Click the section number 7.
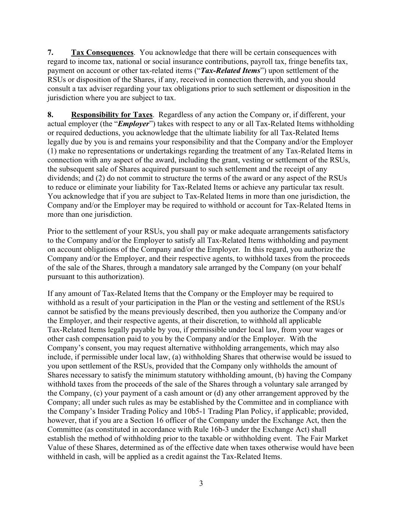(x=50, y=53)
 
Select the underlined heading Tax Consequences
(x=102, y=53)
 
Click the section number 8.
(x=50, y=115)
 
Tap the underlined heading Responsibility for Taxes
(x=112, y=115)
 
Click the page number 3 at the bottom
(x=201, y=484)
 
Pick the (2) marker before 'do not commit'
(x=96, y=178)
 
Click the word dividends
(x=62, y=178)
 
